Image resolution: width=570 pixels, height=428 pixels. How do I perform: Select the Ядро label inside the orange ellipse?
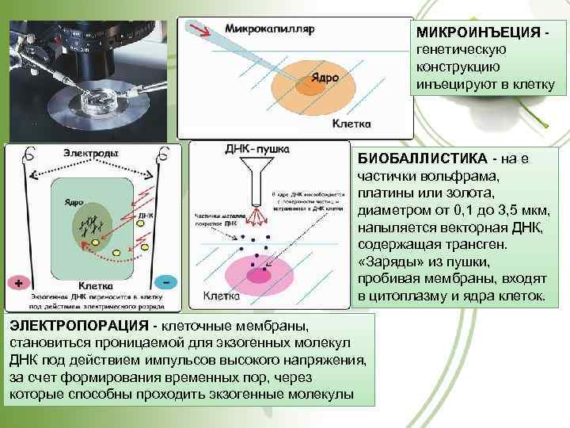[324, 76]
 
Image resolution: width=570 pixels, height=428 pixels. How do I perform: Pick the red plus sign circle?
[17, 281]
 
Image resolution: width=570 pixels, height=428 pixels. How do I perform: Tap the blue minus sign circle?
[166, 281]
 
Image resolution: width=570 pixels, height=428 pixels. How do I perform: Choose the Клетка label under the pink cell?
[222, 296]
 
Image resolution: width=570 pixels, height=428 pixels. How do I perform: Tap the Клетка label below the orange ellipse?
[353, 124]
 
